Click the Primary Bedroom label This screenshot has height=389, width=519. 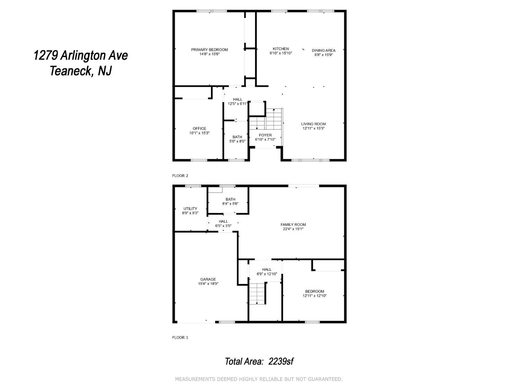click(209, 49)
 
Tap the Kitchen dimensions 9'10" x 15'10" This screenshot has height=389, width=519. click(281, 53)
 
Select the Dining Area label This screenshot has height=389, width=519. click(324, 50)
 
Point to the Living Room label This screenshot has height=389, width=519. click(313, 124)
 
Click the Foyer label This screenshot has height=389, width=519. click(265, 135)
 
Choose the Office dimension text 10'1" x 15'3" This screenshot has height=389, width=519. click(199, 133)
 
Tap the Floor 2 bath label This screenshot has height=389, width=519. click(237, 137)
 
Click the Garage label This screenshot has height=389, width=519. click(208, 279)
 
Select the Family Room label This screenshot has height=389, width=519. click(293, 225)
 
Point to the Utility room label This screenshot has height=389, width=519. click(190, 209)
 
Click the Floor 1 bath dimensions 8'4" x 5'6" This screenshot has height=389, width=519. click(230, 204)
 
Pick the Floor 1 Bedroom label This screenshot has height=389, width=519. click(314, 291)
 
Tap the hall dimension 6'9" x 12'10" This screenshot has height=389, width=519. click(266, 274)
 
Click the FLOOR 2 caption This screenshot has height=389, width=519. click(180, 176)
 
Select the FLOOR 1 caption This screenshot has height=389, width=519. click(180, 337)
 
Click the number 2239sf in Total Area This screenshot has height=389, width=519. click(281, 362)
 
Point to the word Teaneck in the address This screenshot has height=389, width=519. click(71, 71)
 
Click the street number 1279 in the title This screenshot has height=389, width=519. click(46, 56)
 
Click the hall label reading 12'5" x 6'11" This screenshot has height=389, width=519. click(237, 104)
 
